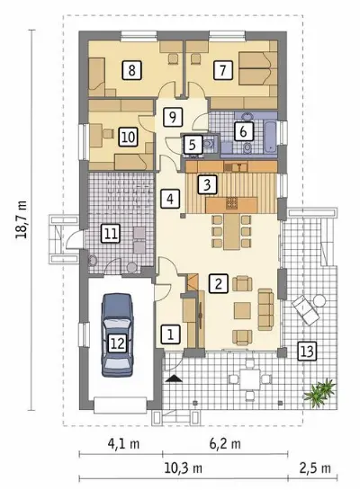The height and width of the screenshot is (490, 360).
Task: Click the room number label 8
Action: click(x=131, y=70)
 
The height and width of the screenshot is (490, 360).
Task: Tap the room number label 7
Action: click(x=222, y=70)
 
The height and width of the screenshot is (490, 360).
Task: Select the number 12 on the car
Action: click(x=118, y=343)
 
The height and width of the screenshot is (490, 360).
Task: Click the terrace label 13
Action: click(x=307, y=352)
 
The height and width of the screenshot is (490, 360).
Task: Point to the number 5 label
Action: click(x=192, y=145)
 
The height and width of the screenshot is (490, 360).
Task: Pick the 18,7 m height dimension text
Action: click(x=22, y=219)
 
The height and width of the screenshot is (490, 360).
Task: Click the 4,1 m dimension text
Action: click(x=123, y=443)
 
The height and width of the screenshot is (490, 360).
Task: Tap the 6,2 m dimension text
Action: click(x=225, y=443)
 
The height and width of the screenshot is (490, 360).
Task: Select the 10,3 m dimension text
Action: click(x=183, y=468)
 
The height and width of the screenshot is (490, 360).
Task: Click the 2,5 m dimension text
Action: click(x=315, y=468)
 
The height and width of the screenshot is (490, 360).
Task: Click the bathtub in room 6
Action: click(x=271, y=138)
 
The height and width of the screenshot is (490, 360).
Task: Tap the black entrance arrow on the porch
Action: click(x=174, y=379)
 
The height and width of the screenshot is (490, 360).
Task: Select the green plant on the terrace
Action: click(x=319, y=391)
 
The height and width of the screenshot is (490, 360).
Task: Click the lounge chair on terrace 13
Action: click(x=306, y=310)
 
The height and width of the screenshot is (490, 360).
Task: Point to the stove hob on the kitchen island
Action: click(x=232, y=203)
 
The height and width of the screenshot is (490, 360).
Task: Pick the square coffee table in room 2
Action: click(x=242, y=310)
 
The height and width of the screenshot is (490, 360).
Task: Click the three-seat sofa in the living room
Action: click(x=265, y=309)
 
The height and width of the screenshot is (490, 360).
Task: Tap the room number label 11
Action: click(x=111, y=234)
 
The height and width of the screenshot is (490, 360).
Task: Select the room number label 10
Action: click(x=128, y=138)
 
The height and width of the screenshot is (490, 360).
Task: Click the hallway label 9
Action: click(x=172, y=117)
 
